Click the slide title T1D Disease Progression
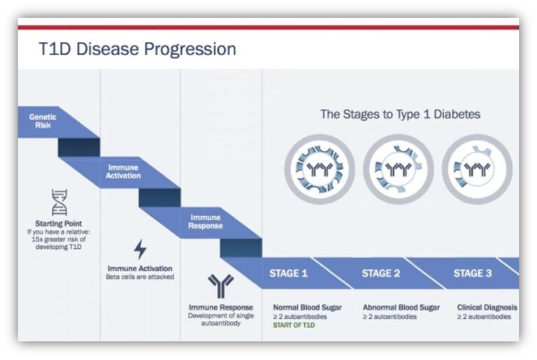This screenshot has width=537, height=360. pyautogui.click(x=137, y=49)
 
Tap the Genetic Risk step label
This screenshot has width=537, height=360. pyautogui.click(x=43, y=121)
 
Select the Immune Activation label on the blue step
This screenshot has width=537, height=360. pyautogui.click(x=123, y=171)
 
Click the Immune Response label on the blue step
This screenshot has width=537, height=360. pyautogui.click(x=206, y=222)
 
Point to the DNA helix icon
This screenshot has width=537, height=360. pyautogui.click(x=59, y=203)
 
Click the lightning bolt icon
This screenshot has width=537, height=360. pyautogui.click(x=140, y=249)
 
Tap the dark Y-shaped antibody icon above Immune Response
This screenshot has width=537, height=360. pyautogui.click(x=221, y=286)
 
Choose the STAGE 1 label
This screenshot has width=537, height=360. pyautogui.click(x=288, y=273)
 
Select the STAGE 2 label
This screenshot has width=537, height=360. pyautogui.click(x=381, y=273)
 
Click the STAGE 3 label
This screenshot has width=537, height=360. pyautogui.click(x=473, y=273)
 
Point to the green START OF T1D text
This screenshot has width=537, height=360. pyautogui.click(x=294, y=325)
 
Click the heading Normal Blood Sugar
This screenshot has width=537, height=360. pyautogui.click(x=307, y=308)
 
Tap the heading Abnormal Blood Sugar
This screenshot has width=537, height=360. pyautogui.click(x=401, y=308)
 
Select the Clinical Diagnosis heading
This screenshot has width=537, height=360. pyautogui.click(x=487, y=308)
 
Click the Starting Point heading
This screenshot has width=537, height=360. pyautogui.click(x=59, y=224)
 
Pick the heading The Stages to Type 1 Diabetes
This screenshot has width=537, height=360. pyautogui.click(x=401, y=114)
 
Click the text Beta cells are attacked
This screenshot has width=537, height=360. pyautogui.click(x=140, y=277)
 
